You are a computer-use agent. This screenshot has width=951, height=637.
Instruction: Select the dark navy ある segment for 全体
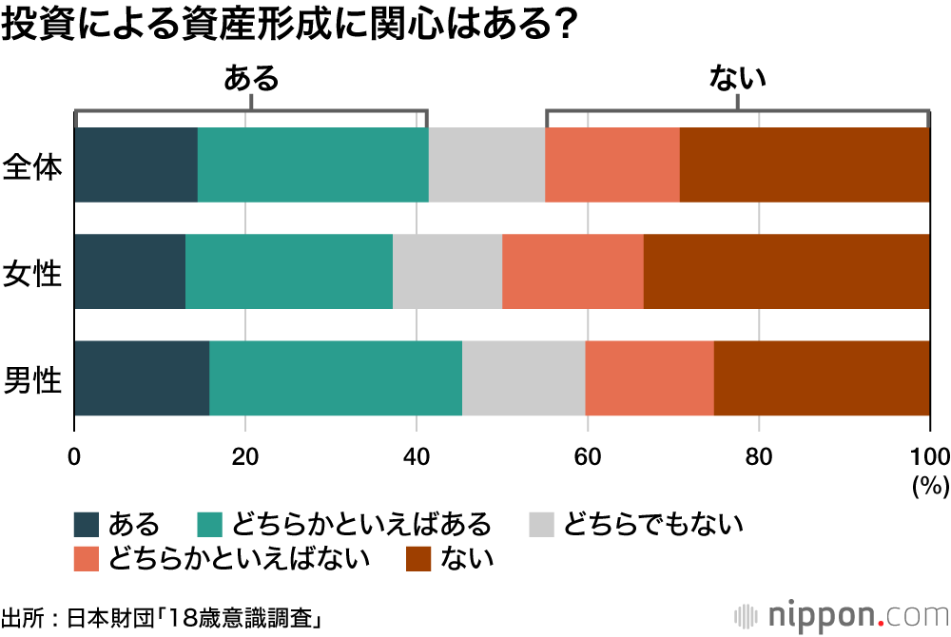(x=135, y=164)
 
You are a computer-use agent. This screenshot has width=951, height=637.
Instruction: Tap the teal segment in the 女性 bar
(x=288, y=271)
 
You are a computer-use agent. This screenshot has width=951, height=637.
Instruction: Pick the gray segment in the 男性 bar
(x=523, y=377)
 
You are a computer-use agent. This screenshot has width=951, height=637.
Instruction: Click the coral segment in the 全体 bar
(x=611, y=164)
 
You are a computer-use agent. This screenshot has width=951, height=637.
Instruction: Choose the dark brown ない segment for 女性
(x=786, y=271)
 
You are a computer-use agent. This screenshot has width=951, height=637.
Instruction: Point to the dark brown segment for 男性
(x=822, y=377)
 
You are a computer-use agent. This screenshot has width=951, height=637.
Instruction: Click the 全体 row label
(x=33, y=166)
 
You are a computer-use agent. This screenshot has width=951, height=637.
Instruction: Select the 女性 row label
(x=33, y=273)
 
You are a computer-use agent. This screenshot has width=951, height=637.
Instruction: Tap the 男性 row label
(x=33, y=379)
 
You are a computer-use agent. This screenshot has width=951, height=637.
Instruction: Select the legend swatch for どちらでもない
(x=541, y=524)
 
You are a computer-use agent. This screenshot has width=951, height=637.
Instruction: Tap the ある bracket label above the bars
(x=251, y=78)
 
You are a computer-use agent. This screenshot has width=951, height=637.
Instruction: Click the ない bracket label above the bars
(x=738, y=78)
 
